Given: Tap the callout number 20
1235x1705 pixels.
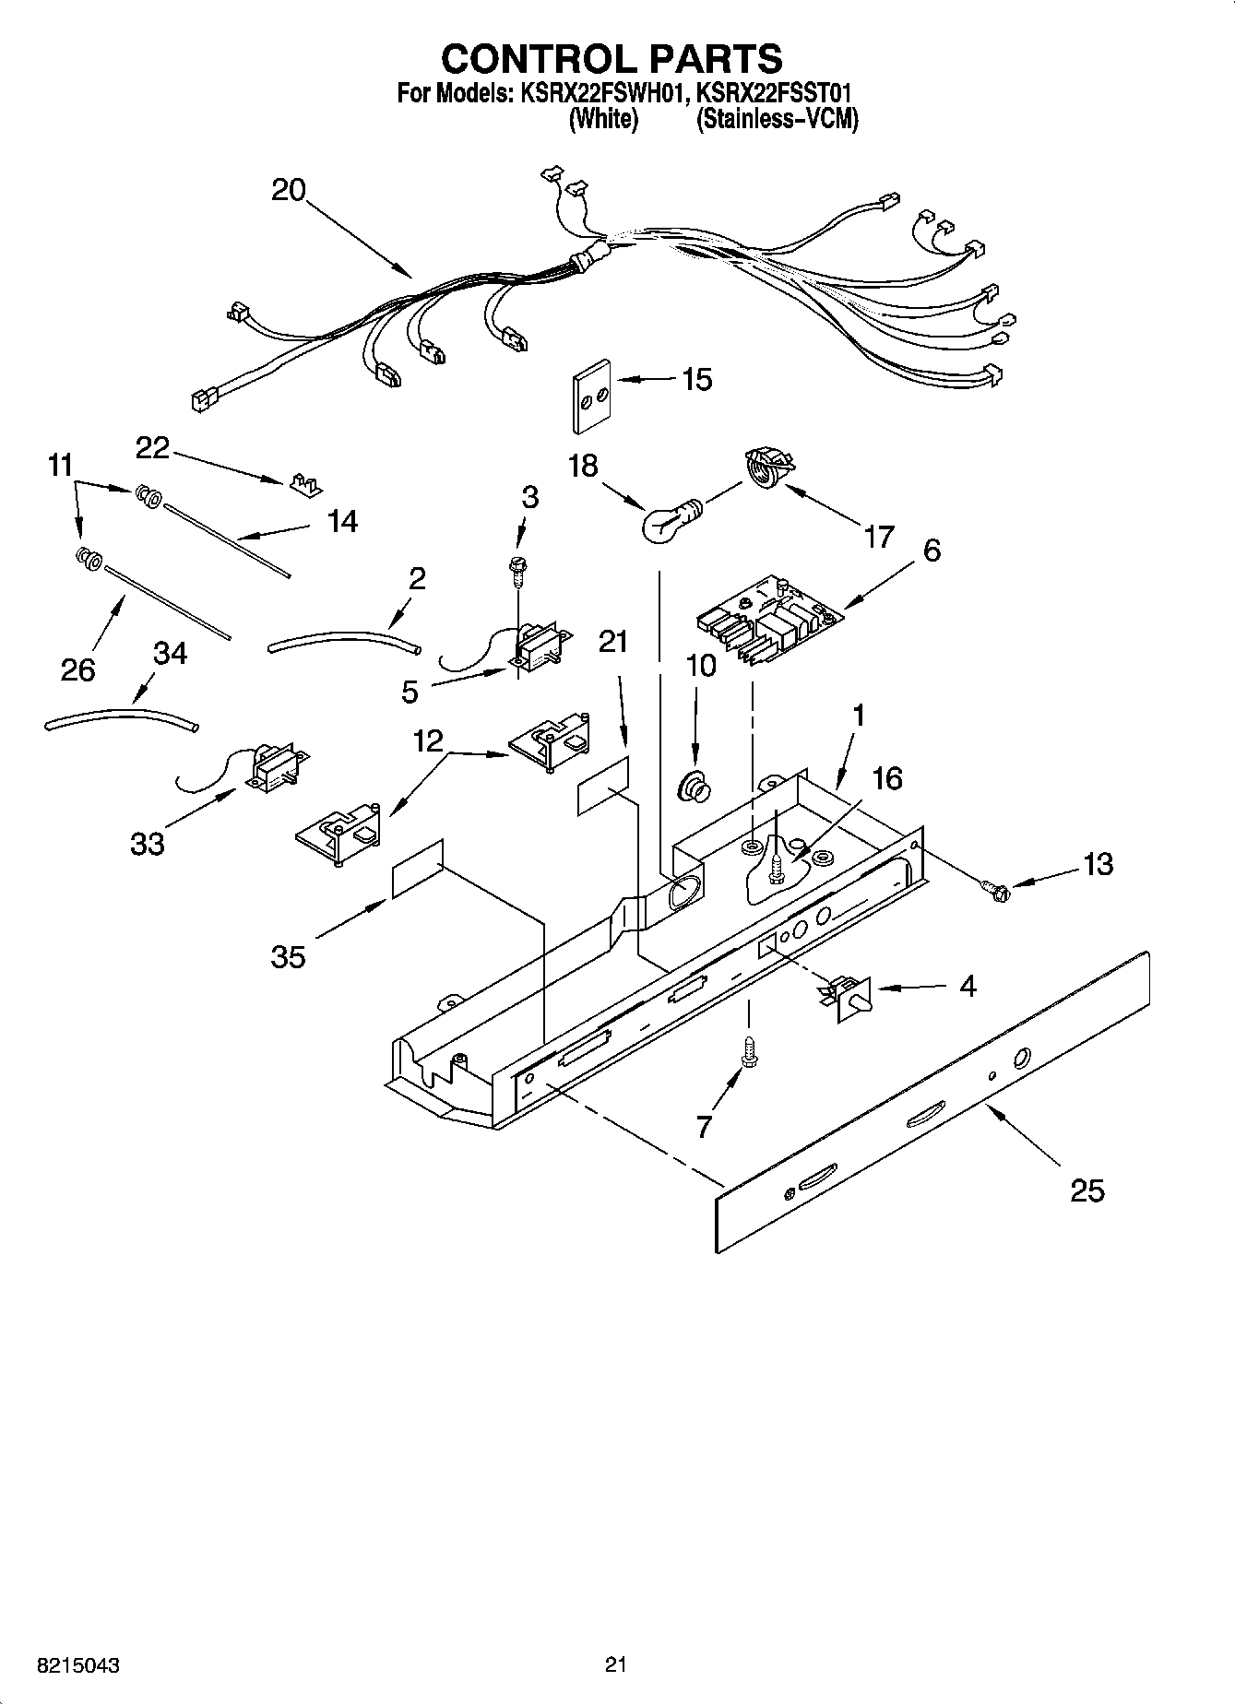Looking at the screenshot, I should coord(288,190).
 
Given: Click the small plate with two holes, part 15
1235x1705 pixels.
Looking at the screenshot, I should coord(590,396).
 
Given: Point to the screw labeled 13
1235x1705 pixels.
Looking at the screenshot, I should coord(994,890).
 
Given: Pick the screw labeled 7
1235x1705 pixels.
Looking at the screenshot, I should coord(748,1052).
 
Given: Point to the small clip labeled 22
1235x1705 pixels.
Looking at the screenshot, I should coord(304,483).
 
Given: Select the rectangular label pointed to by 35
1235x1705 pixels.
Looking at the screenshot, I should coord(417,868).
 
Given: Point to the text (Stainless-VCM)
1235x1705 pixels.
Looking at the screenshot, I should coord(777,119).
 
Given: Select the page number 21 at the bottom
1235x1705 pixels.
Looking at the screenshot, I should coord(616,1664).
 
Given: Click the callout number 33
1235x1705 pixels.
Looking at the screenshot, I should coord(147,843).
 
